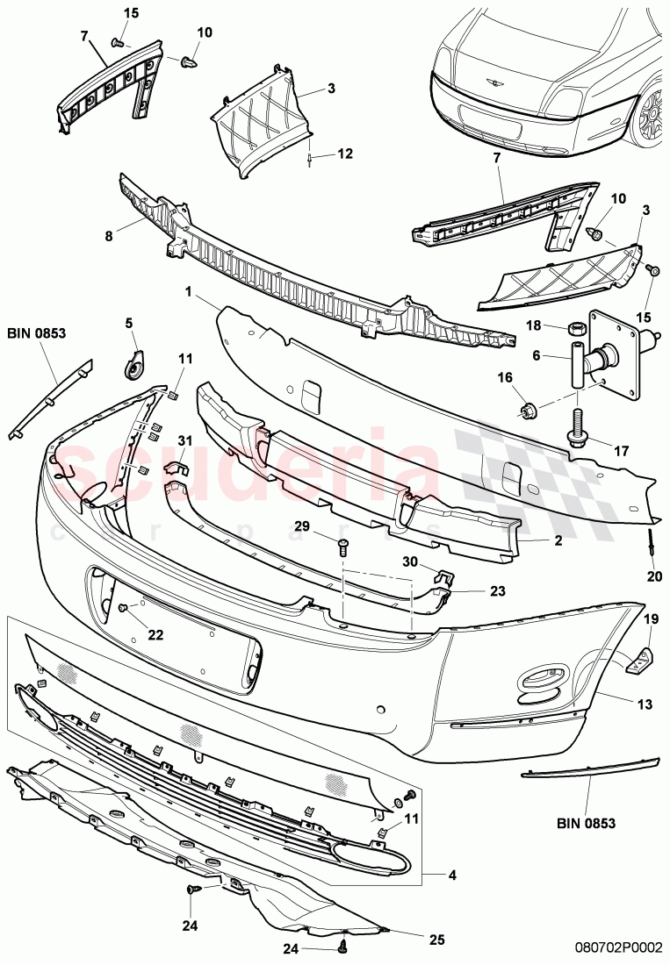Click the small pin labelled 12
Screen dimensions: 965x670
pos(312,158)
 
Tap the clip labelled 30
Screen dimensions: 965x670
pos(444,578)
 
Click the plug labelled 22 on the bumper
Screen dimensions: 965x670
pos(124,608)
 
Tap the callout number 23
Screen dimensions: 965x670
pos(497,591)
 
